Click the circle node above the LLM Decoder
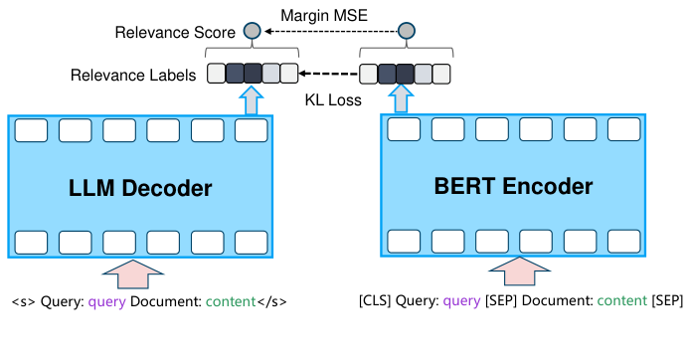253,32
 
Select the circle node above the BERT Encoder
405,32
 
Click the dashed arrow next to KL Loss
328,73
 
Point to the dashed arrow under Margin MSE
328,32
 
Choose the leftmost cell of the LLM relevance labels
216,73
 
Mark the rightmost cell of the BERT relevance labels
441,73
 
